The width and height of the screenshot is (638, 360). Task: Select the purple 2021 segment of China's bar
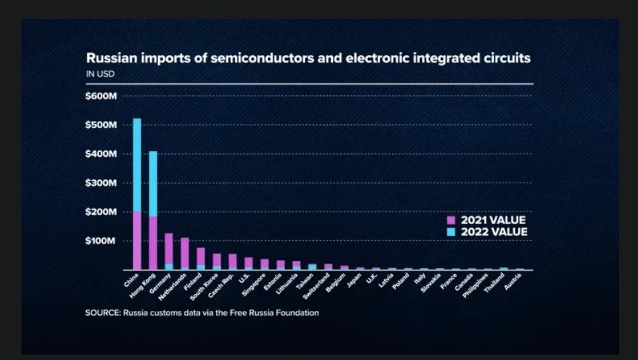point(137,240)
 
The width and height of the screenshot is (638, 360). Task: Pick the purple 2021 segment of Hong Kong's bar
point(153,243)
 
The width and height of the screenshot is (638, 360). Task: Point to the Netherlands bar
point(184,253)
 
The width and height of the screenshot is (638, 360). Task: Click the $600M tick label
point(102,96)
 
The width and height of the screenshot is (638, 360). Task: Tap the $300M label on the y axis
point(102,183)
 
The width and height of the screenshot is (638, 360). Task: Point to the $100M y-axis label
point(102,241)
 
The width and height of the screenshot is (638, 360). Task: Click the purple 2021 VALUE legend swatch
point(452,220)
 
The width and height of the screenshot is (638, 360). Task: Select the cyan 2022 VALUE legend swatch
point(452,232)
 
